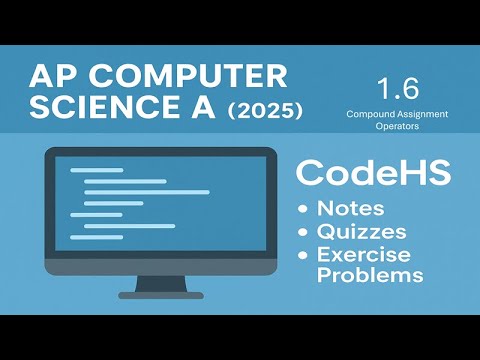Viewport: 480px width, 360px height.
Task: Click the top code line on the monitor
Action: (96, 170)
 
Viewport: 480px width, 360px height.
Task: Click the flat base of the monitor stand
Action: (160, 295)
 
